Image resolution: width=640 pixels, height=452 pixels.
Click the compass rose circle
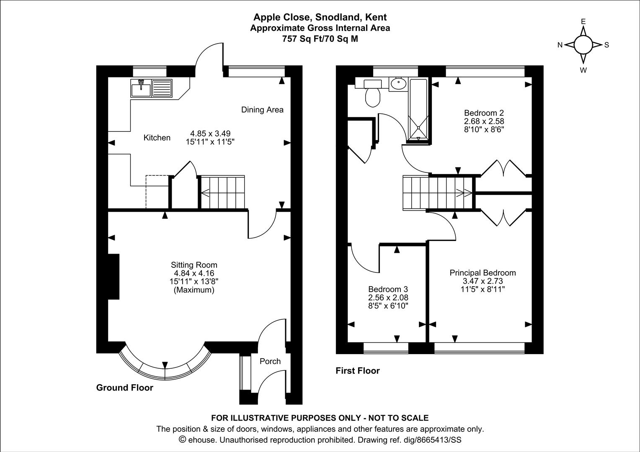(x=583, y=45)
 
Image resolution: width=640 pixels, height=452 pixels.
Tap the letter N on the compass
(x=560, y=45)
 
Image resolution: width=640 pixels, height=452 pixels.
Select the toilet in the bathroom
(x=372, y=95)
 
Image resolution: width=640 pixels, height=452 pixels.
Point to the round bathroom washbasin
(x=398, y=84)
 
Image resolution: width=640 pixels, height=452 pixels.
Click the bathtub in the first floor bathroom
(x=418, y=109)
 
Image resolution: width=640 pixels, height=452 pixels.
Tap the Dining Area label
(x=262, y=110)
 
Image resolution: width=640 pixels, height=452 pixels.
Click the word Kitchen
(x=157, y=138)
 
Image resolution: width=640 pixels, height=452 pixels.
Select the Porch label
(x=270, y=361)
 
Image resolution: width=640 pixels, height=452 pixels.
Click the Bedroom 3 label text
(x=388, y=289)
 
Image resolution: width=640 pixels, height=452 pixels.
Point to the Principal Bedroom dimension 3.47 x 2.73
(x=483, y=281)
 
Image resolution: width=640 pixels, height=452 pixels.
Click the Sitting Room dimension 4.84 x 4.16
(x=194, y=273)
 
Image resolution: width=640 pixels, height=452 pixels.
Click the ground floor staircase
(x=222, y=192)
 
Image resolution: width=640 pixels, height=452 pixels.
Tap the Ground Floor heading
(x=125, y=388)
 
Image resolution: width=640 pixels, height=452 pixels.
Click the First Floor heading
(x=358, y=371)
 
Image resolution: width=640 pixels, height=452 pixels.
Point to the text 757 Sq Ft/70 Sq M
(x=320, y=39)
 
